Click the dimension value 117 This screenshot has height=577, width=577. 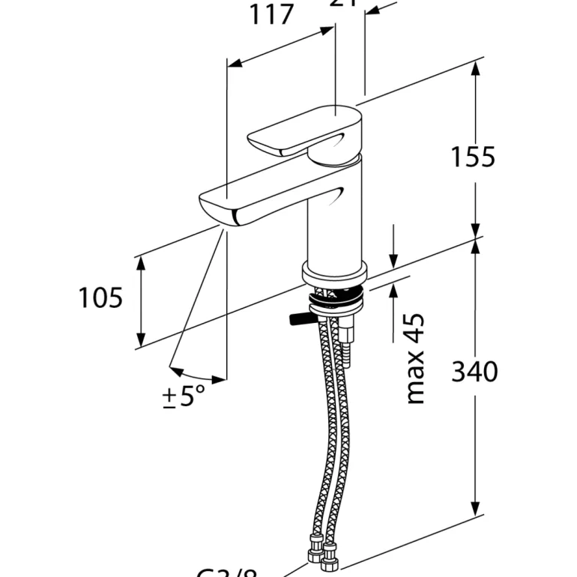271,15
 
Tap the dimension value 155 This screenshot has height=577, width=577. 473,157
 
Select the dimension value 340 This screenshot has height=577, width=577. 474,371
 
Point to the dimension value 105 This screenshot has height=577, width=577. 100,298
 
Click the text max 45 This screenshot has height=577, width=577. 414,359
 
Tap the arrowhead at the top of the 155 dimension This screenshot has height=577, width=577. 475,68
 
